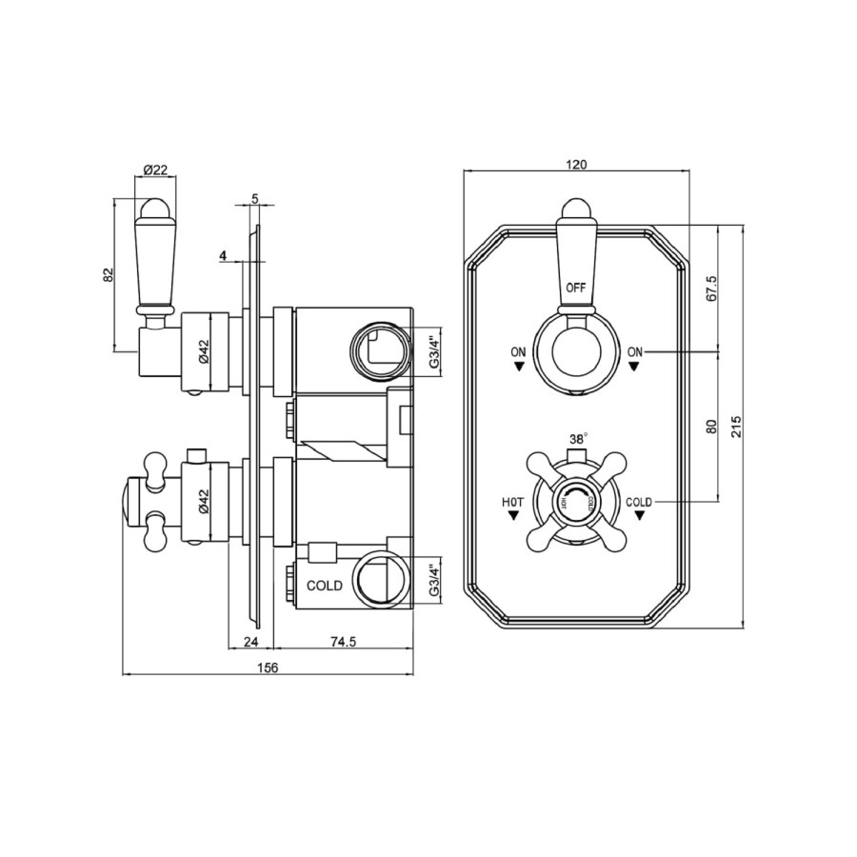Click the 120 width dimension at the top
tap(575, 164)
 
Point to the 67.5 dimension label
tap(709, 289)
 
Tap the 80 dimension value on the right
tap(709, 427)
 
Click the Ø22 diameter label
tap(155, 169)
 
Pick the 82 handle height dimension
tap(109, 274)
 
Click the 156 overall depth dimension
tap(268, 668)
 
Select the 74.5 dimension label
tap(343, 642)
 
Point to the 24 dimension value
tap(251, 642)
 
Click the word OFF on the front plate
tap(576, 287)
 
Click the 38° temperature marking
tap(577, 440)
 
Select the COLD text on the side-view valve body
tap(324, 586)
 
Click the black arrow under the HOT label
tap(514, 515)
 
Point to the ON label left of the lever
tap(518, 352)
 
